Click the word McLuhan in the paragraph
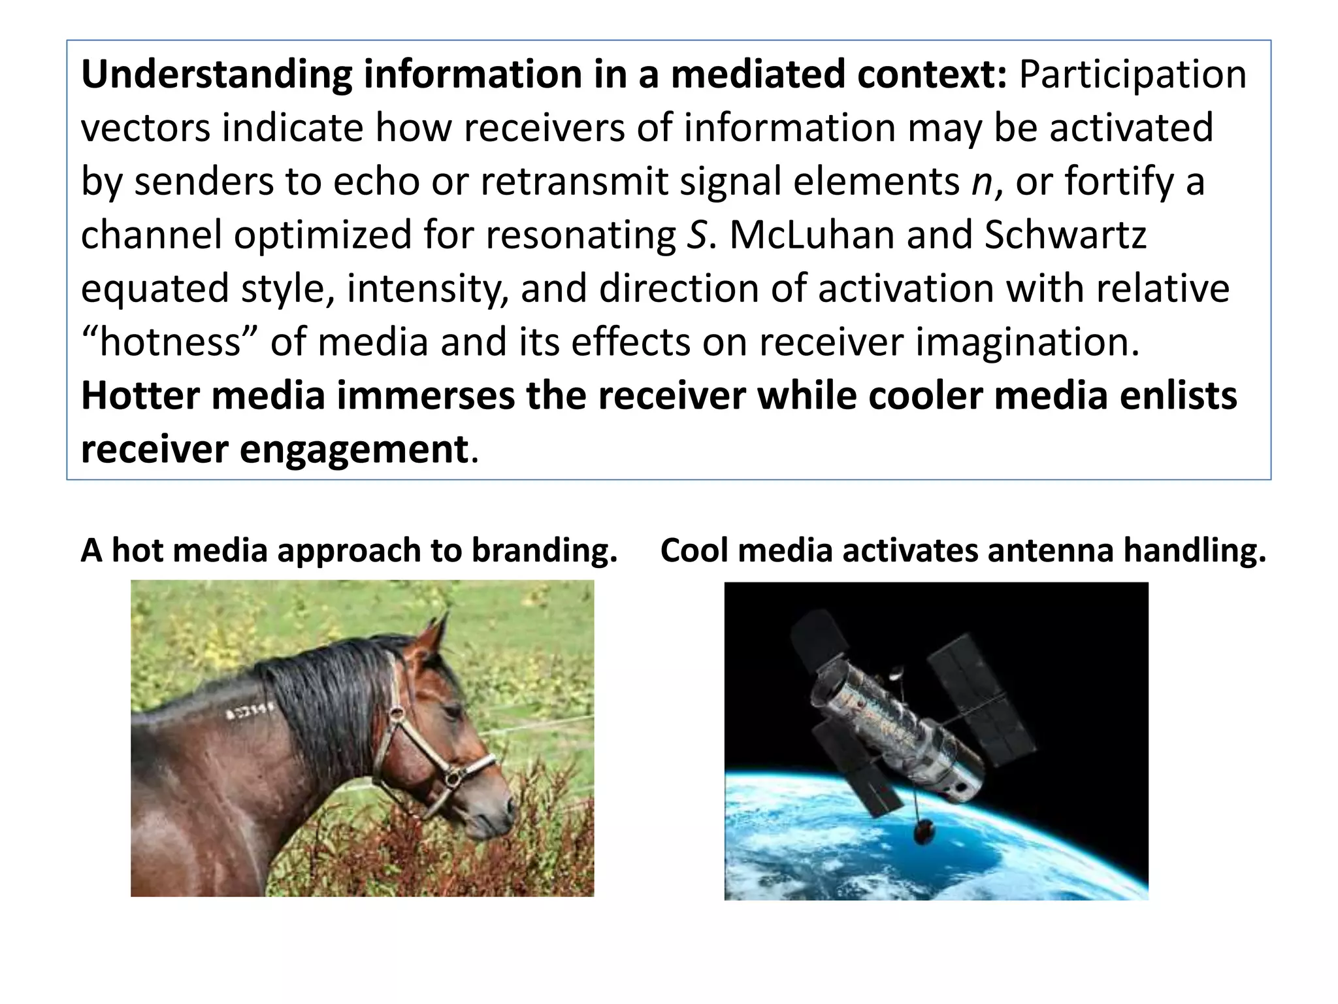[811, 235]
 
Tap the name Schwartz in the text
[1064, 235]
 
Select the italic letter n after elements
[981, 182]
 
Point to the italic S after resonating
[696, 235]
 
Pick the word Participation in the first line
[1132, 75]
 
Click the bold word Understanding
[216, 75]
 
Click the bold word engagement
[353, 450]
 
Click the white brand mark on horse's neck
[249, 711]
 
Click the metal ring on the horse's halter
[450, 778]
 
